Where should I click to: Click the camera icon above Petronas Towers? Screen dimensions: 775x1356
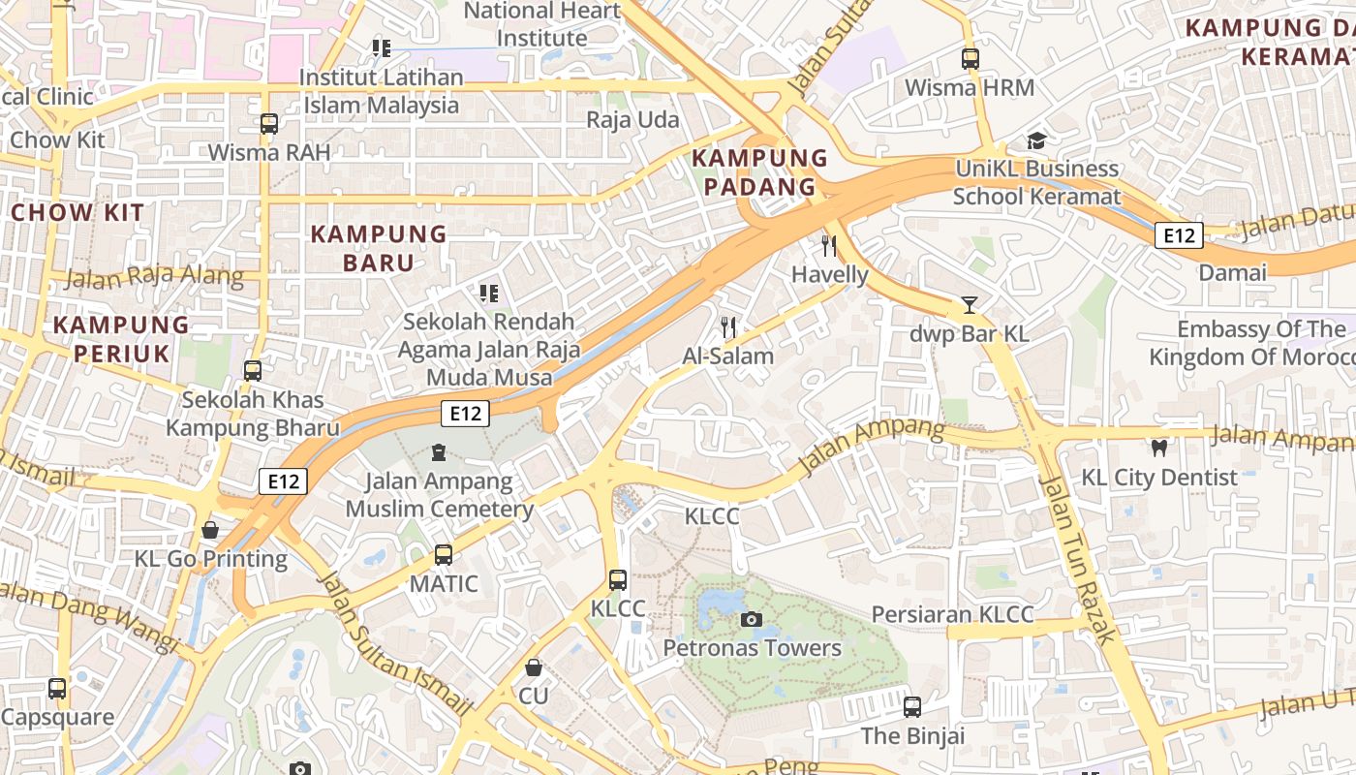click(751, 619)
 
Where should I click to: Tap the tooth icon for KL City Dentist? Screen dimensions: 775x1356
click(1158, 448)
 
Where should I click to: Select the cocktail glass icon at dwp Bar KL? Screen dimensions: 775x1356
click(969, 305)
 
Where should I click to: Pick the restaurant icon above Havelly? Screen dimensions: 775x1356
click(829, 245)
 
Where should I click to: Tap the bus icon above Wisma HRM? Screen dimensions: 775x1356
click(971, 58)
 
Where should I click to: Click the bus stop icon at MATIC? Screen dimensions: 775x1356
click(444, 555)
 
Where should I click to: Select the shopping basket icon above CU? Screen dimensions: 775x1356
click(534, 667)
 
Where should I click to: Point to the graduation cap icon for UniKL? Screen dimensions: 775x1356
click(1036, 140)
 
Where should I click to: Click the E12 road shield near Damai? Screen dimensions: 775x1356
click(1180, 234)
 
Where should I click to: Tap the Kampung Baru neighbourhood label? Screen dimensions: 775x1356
click(379, 248)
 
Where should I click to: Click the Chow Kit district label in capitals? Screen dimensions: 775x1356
click(77, 213)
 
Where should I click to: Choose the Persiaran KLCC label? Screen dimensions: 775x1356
click(952, 614)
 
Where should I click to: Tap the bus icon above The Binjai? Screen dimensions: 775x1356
click(912, 707)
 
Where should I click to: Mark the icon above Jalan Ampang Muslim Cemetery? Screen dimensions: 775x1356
click(439, 451)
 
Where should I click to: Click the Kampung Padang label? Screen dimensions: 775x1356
click(759, 172)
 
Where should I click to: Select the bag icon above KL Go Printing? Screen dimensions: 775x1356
click(210, 530)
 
